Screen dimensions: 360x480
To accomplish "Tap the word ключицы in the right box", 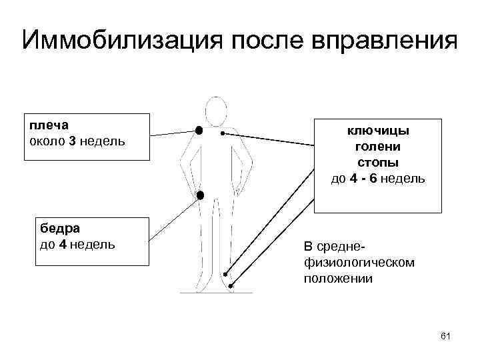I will click(377, 130).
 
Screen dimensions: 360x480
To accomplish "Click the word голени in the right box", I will click(377, 146).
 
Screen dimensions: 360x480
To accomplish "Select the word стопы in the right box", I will click(377, 162).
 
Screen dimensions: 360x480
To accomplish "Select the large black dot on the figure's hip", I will click(199, 195).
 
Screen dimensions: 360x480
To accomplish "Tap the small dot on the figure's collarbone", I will click(223, 133).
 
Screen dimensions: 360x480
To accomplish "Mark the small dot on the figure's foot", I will click(231, 286).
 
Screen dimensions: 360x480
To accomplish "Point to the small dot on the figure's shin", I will click(226, 274).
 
